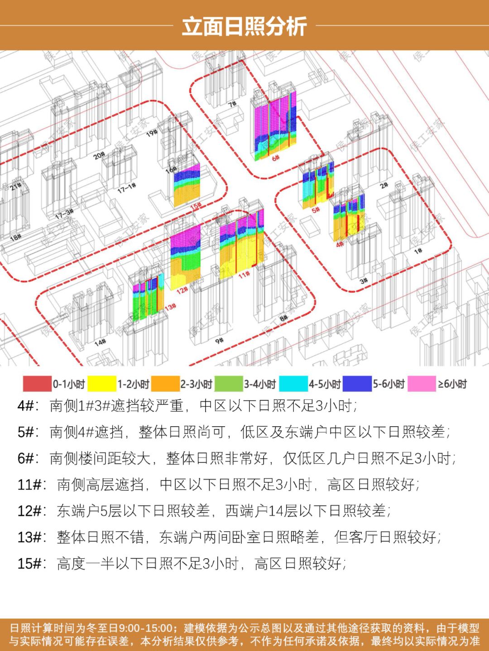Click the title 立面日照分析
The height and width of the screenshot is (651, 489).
[x=244, y=26]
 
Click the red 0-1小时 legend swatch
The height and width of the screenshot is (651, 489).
[x=37, y=384]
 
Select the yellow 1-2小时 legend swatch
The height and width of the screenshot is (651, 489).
[x=101, y=384]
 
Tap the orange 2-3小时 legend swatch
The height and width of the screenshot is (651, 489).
[x=165, y=384]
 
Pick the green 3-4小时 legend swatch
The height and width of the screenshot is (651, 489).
[x=229, y=384]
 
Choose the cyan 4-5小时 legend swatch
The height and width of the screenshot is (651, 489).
[x=293, y=384]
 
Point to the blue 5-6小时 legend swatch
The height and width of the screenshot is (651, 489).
[x=357, y=384]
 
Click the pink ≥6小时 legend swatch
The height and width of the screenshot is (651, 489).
[x=422, y=384]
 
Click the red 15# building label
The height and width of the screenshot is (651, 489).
[x=196, y=206]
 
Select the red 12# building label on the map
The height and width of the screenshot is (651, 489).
[x=182, y=290]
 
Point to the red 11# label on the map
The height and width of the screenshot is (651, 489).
[x=244, y=274]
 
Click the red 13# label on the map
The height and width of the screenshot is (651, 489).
[x=170, y=307]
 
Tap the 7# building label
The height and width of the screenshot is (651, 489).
[x=232, y=105]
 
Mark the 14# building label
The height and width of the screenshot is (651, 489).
[x=100, y=342]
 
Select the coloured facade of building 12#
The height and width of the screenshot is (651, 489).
[x=185, y=256]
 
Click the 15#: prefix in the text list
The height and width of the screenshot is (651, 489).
[x=31, y=564]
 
